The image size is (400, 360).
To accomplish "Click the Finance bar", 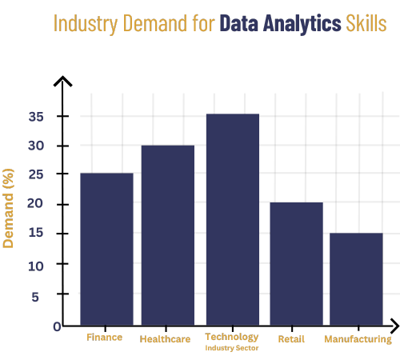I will tap(106, 248).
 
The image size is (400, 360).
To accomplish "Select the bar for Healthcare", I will tap(168, 234).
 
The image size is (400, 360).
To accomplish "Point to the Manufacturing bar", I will tap(356, 278).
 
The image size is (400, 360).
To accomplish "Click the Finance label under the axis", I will tap(105, 338).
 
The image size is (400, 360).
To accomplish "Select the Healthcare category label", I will tap(166, 339).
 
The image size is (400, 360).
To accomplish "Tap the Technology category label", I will tap(232, 337).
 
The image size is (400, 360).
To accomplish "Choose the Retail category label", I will tap(291, 339).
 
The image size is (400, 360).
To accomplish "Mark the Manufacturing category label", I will tap(358, 339).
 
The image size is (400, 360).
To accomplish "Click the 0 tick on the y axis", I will tap(58, 326).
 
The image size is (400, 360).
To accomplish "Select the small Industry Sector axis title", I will tap(232, 348).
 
